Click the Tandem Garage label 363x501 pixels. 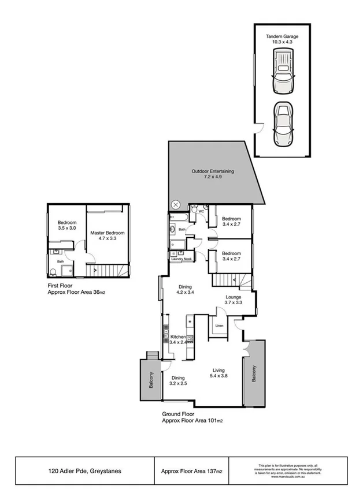[x=283, y=39]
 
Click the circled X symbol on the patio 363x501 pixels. [x=176, y=205]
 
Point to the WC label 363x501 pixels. [x=201, y=211]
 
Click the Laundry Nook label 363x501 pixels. [x=181, y=259]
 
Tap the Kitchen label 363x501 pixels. [x=177, y=339]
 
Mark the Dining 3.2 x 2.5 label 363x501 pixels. [x=178, y=381]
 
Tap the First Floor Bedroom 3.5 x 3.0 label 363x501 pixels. [x=66, y=226]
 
